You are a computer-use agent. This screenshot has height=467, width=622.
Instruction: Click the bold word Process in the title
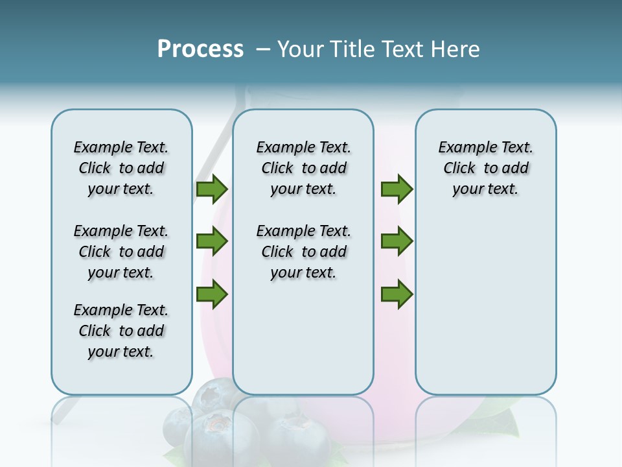(x=200, y=49)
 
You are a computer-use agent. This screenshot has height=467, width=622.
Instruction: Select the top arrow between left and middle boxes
(x=212, y=189)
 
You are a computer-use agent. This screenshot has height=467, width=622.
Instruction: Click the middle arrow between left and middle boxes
(x=212, y=241)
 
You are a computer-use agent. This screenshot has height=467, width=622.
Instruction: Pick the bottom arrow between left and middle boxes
(x=212, y=294)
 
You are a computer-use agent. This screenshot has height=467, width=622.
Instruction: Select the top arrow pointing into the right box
(x=397, y=189)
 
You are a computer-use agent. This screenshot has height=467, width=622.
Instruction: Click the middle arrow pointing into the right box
(x=397, y=241)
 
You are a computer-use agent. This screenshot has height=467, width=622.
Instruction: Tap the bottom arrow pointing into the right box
(x=397, y=294)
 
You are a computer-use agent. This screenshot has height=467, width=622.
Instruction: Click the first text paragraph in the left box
(x=121, y=168)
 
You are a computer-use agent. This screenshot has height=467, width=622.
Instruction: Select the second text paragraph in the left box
(x=121, y=252)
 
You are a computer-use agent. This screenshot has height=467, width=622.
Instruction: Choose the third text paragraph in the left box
(x=121, y=331)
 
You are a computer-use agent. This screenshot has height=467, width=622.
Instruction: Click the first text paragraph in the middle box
(x=303, y=168)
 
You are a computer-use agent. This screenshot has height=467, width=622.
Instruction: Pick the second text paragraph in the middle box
(x=303, y=252)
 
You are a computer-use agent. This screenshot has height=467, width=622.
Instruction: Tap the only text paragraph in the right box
(x=485, y=168)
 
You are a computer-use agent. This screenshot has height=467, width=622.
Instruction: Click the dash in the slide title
(x=263, y=49)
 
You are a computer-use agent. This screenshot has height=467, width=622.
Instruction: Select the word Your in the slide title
(x=301, y=49)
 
